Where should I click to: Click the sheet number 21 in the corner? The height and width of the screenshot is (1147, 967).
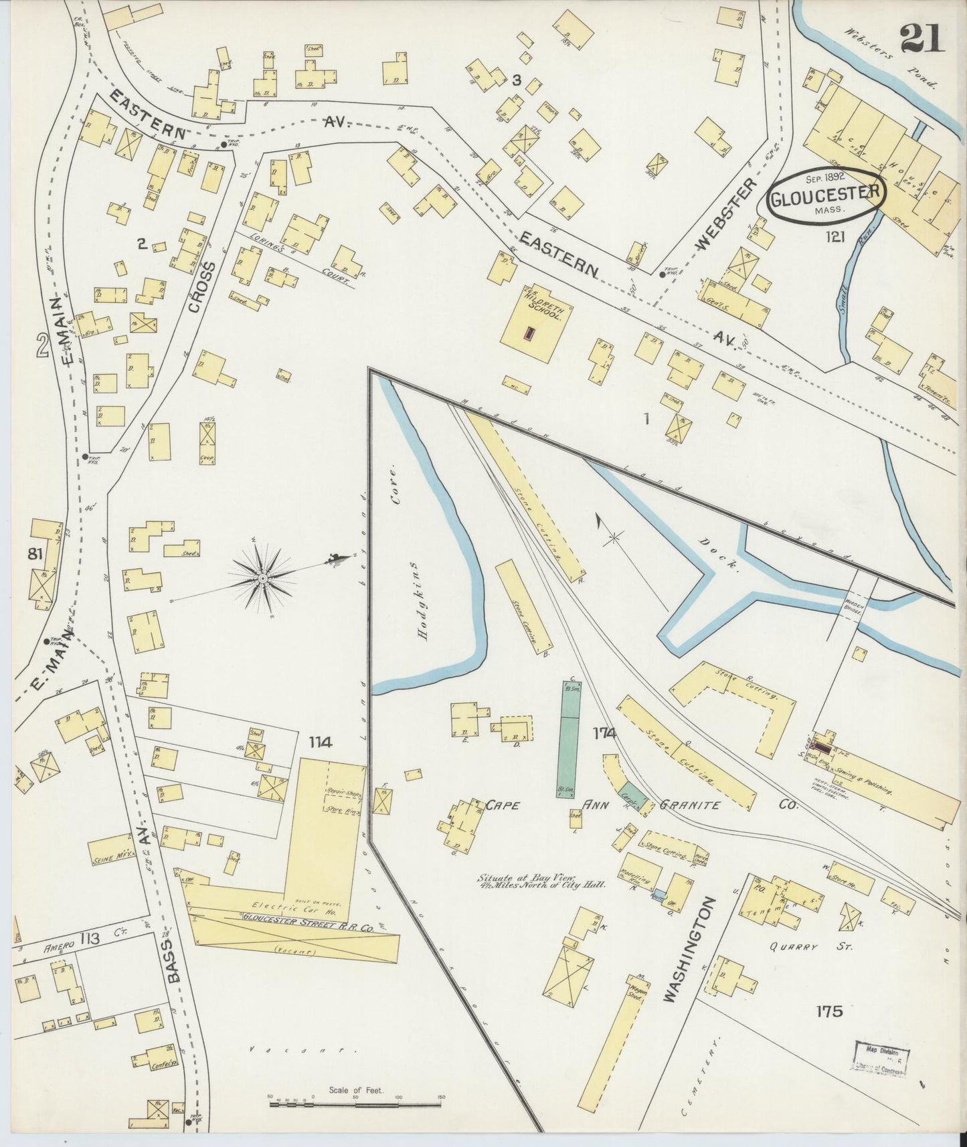(x=922, y=38)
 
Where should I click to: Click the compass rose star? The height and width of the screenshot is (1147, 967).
(x=262, y=578)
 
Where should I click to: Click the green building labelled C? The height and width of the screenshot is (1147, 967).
(x=570, y=739)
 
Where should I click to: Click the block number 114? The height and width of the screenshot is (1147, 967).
(x=320, y=741)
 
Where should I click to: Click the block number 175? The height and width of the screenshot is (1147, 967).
(x=828, y=1010)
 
